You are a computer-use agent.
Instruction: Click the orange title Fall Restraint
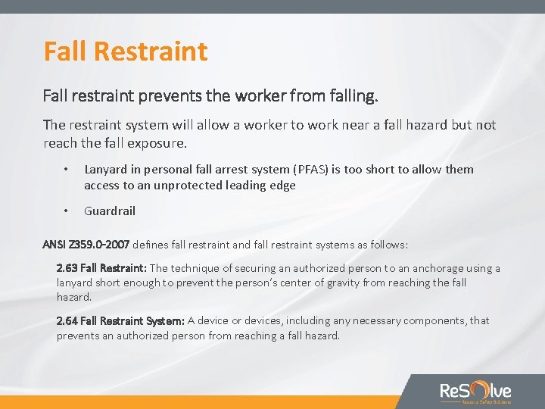[x=126, y=52]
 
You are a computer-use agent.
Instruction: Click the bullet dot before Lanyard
[x=67, y=170]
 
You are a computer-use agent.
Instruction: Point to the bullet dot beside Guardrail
[x=67, y=211]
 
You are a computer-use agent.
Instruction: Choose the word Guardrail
[x=110, y=211]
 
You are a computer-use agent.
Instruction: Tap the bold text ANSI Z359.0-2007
[x=87, y=245]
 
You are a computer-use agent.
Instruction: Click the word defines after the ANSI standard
[x=153, y=245]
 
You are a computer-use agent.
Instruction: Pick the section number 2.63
[x=67, y=268]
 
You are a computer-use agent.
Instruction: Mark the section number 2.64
[x=67, y=320]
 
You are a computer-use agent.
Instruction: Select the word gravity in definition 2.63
[x=336, y=283]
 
